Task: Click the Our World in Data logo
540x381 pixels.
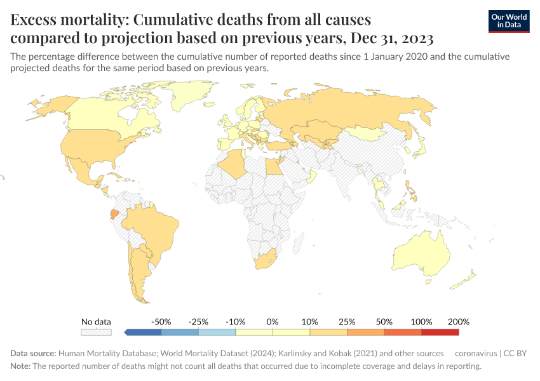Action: (509, 21)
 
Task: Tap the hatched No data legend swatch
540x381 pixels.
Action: (96, 332)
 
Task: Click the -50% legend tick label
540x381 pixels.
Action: (161, 322)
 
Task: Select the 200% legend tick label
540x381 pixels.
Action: (458, 322)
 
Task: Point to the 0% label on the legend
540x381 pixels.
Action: (273, 322)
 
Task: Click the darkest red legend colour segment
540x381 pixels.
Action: (440, 332)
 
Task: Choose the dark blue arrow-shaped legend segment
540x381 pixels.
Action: (144, 332)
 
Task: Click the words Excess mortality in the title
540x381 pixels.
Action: (68, 20)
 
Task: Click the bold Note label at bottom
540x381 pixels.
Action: (20, 366)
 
